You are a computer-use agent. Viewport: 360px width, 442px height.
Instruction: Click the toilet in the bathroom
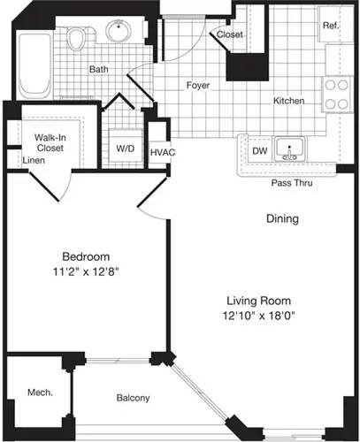79,37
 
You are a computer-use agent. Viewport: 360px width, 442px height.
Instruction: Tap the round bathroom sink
117,33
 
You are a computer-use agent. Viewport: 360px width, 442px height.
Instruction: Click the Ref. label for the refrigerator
330,26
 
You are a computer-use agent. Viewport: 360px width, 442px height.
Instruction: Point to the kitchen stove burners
336,95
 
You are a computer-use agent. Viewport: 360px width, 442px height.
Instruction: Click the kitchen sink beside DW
288,149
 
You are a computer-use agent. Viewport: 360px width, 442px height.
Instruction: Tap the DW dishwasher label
260,151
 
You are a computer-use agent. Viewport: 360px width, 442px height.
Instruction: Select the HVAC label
162,153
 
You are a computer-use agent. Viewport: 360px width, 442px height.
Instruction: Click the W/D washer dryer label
125,149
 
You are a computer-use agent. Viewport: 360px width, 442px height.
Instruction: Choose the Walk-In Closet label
49,144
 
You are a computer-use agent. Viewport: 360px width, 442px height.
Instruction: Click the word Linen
34,161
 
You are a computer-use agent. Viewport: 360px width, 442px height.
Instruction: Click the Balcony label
133,398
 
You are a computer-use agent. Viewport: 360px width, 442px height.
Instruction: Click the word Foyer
196,86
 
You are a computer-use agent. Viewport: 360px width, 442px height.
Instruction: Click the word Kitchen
288,101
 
